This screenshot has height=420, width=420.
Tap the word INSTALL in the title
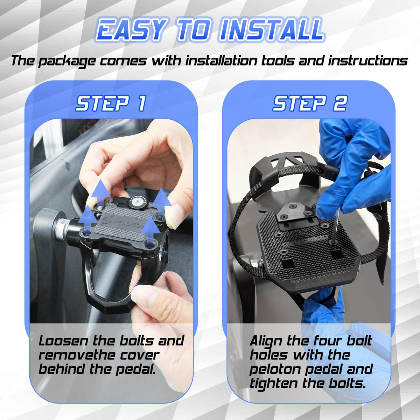point(271,30)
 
